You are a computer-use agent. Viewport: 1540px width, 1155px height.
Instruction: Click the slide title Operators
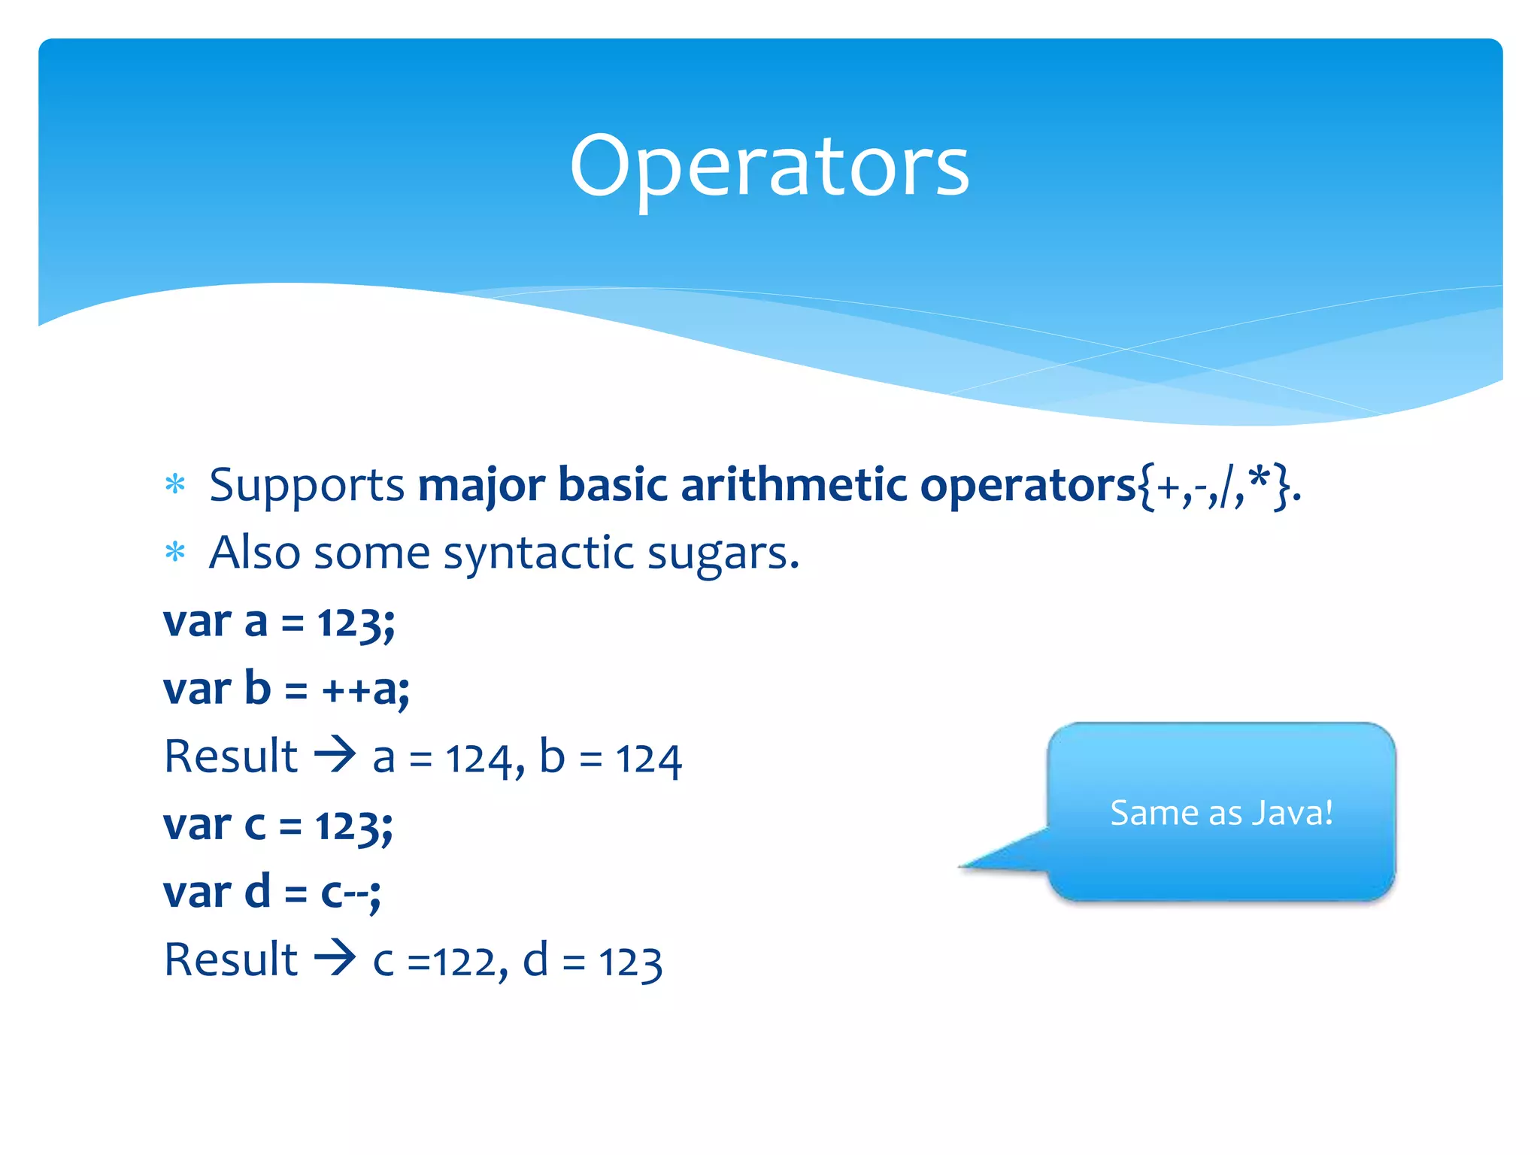[769, 167]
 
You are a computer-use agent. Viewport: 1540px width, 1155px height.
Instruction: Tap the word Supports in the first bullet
[307, 485]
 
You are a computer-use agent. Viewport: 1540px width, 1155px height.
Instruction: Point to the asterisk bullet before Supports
[175, 484]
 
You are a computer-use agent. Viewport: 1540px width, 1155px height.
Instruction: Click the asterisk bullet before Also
[175, 553]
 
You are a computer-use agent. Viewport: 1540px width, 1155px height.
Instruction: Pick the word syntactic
[538, 554]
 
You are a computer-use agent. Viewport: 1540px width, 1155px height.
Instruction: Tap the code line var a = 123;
[279, 623]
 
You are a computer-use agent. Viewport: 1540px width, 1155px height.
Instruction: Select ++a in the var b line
[365, 690]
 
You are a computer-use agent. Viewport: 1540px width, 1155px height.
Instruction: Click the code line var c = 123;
[277, 826]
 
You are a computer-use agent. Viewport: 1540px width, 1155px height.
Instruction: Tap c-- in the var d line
[349, 893]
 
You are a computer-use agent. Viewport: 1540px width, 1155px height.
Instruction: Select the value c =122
[433, 961]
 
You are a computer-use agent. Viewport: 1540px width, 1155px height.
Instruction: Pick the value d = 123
[592, 961]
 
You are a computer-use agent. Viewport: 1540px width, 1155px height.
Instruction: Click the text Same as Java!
[1221, 813]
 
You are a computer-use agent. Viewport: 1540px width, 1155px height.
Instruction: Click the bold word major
[481, 485]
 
